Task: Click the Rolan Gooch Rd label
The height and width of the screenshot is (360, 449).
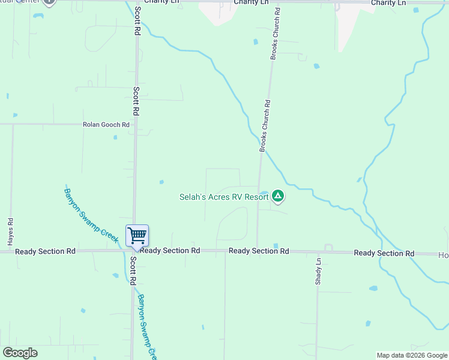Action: [x=106, y=125]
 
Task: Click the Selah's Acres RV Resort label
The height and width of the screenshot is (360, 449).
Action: [x=224, y=197]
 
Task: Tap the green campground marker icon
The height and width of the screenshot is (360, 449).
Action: [x=277, y=196]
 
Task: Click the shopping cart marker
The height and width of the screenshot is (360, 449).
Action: [x=137, y=236]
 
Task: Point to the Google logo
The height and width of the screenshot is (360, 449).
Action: [x=20, y=353]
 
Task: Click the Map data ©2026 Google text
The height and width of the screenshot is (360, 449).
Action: [x=412, y=355]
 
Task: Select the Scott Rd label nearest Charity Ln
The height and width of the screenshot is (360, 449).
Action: [x=138, y=20]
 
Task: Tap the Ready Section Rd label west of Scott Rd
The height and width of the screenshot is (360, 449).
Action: [x=46, y=251]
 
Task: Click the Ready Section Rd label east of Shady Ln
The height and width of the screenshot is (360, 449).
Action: [x=384, y=253]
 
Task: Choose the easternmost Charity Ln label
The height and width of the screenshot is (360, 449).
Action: [x=388, y=3]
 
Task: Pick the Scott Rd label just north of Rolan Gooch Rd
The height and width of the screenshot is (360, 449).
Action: [x=136, y=100]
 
